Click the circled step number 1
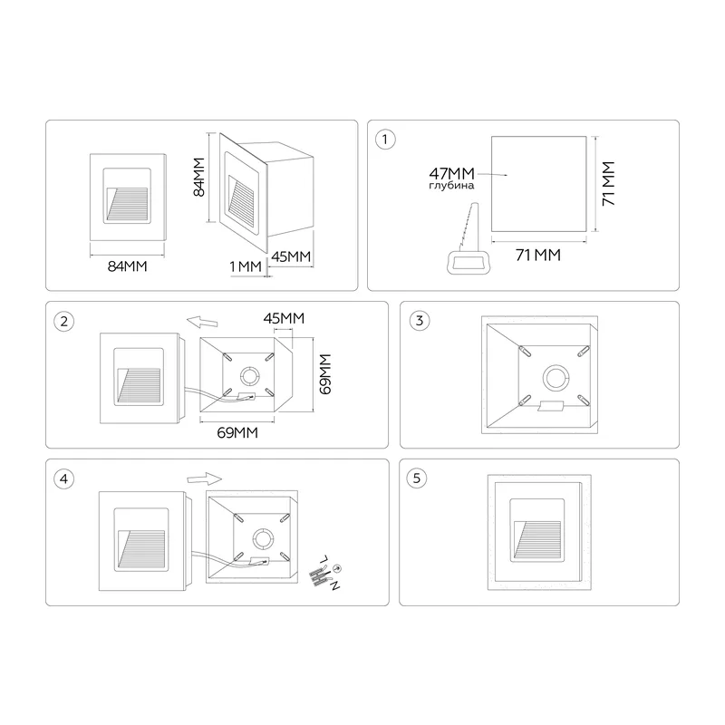coord(385,140)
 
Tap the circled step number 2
coord(64,322)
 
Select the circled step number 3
coord(420,321)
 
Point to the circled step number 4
coord(64,479)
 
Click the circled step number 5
coord(417,478)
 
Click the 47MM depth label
coord(451,174)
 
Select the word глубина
coord(451,186)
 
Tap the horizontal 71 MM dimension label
coord(538,255)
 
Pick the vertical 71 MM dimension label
coord(608,184)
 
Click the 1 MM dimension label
coord(246,266)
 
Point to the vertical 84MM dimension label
coord(198,177)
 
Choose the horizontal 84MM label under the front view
coord(127,266)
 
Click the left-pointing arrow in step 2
coord(202,322)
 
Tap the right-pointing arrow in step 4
coord(205,479)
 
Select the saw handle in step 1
coord(468,263)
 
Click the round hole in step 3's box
coord(555,377)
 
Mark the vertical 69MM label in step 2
coord(325,374)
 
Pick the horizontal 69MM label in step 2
coord(237,433)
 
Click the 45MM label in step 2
coord(284,318)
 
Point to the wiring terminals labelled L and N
coord(325,573)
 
